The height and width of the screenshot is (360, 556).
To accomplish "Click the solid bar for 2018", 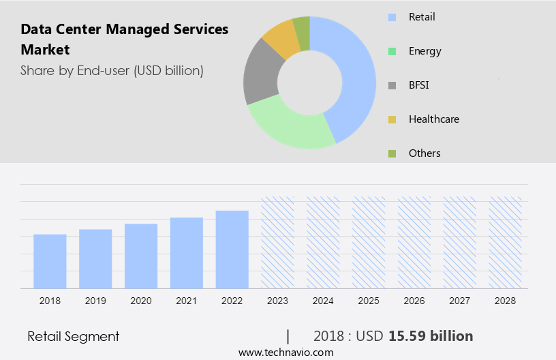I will point(50,261).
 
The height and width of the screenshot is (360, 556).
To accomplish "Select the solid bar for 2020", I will point(141,256).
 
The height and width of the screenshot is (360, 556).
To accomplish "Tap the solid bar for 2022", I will point(232,250).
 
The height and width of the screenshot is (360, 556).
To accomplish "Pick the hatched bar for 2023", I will point(278,243).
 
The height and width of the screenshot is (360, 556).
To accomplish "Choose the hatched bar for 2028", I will point(506,243).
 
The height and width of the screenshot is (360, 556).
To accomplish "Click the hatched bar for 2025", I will point(369,243).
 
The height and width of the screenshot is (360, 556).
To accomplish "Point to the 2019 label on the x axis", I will point(95,300).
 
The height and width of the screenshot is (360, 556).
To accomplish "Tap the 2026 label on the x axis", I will point(414,300).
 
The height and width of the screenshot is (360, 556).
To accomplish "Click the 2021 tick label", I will point(187,300).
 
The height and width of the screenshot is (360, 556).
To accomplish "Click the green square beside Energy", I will point(392,51).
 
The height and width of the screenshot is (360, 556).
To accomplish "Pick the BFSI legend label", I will point(419,85).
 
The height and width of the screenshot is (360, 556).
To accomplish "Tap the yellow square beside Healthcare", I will point(392,119).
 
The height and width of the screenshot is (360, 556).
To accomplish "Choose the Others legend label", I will point(424,153).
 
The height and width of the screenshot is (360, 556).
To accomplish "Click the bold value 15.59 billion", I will point(431,336).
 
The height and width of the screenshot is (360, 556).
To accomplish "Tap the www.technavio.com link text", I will point(286,352).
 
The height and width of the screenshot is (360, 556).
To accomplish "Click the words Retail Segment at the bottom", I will point(74,336).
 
